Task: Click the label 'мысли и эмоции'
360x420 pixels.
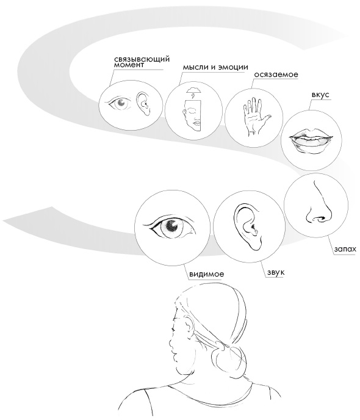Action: pos(215,67)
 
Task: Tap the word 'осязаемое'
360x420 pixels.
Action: pos(276,74)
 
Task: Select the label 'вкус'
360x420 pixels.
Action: pos(320,95)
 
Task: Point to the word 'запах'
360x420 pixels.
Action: pos(345,249)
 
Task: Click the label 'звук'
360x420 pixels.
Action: pos(276,272)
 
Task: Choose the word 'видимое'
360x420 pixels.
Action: pos(206,274)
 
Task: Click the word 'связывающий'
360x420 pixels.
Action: pos(142,59)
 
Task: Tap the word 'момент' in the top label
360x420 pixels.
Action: pos(129,65)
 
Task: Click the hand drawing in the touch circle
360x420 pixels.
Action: pos(255,117)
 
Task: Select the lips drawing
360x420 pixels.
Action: pos(311,142)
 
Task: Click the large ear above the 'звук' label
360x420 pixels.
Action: pos(247,227)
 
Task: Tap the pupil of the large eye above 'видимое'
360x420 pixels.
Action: pos(171,226)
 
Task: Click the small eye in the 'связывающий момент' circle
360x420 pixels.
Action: pos(120,103)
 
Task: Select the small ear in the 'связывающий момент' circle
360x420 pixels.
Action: pos(144,104)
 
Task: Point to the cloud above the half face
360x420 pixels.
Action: pos(194,90)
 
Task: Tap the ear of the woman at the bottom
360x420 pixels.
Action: pos(190,326)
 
